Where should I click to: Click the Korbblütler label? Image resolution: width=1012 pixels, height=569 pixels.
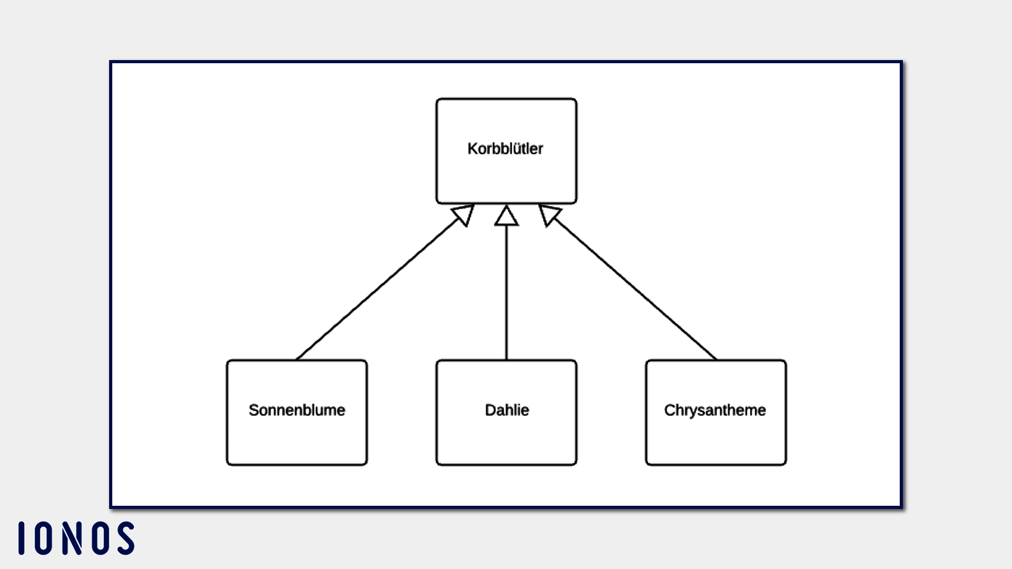tap(505, 149)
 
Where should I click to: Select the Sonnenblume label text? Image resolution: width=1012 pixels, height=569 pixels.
tap(297, 410)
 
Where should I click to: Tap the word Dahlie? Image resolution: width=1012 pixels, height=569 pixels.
tap(507, 410)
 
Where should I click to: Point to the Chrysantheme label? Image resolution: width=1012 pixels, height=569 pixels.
tap(715, 410)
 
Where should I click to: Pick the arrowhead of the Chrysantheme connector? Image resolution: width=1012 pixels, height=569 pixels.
tap(548, 214)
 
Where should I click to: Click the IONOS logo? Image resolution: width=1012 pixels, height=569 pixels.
tap(76, 538)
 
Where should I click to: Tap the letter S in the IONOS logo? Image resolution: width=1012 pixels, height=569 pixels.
tap(126, 538)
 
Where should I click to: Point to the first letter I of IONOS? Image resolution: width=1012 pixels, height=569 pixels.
tap(22, 538)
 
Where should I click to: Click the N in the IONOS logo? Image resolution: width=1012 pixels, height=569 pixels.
tap(72, 538)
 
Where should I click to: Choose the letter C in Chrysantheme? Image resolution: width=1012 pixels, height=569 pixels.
tap(669, 410)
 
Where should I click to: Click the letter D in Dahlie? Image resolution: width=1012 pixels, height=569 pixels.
tap(490, 410)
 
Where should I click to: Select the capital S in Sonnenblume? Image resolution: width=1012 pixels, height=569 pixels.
tap(254, 410)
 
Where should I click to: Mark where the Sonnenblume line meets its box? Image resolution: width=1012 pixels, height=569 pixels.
tap(297, 360)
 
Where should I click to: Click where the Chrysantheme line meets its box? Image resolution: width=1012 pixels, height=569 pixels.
tap(716, 360)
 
